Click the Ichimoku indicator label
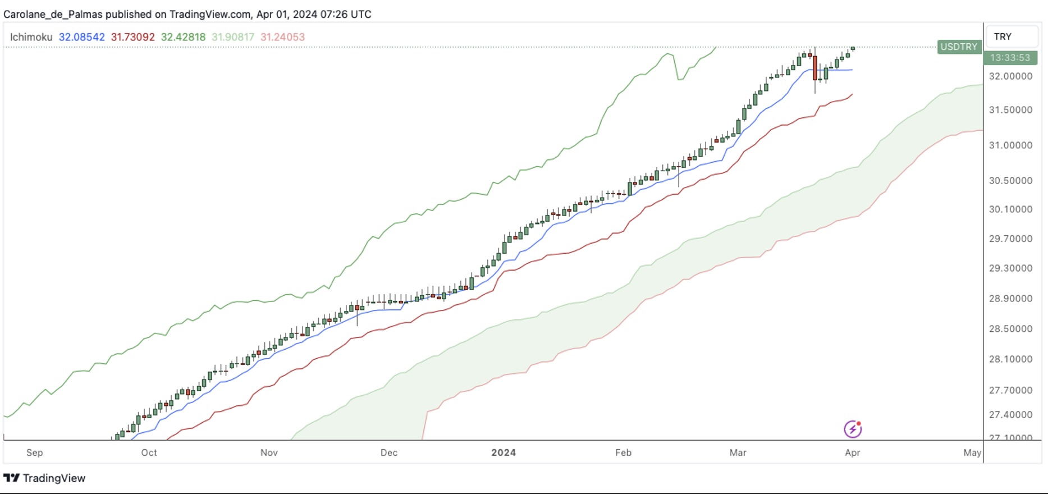click(31, 37)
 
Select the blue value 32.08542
click(81, 37)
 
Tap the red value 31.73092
click(132, 37)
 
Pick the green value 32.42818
click(183, 37)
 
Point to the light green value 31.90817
click(233, 37)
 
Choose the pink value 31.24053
click(282, 37)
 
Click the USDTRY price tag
click(959, 47)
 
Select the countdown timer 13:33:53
click(1010, 57)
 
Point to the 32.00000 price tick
click(1010, 76)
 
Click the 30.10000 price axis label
click(1010, 209)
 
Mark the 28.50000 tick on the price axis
click(1010, 329)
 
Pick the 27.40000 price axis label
click(1010, 415)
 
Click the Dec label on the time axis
click(389, 452)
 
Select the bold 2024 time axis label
click(504, 452)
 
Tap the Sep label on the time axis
click(34, 452)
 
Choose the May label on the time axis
click(972, 452)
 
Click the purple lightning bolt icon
click(853, 429)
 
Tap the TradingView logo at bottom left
click(45, 478)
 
